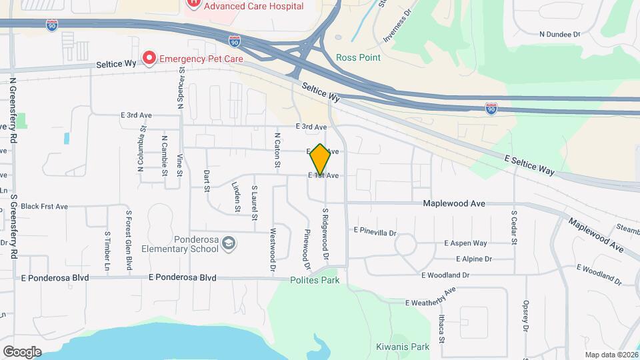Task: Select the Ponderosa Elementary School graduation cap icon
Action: [x=229, y=243]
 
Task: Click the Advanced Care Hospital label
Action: [x=253, y=6]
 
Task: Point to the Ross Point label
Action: [x=358, y=58]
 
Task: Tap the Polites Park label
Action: [x=315, y=280]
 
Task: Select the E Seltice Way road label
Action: [x=530, y=165]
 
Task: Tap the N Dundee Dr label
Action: [x=560, y=33]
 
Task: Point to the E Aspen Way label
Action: [x=465, y=243]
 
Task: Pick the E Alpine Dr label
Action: [x=474, y=259]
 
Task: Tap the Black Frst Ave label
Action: [x=44, y=207]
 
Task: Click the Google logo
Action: [x=22, y=351]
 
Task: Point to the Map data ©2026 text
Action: [x=610, y=355]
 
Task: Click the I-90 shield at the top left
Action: [x=52, y=25]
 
